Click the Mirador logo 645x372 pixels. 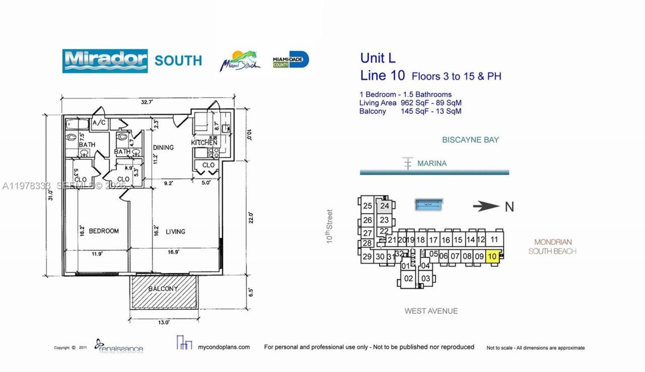tap(105, 61)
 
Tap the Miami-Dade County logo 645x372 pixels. tap(290, 60)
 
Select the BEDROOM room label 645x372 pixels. tap(104, 231)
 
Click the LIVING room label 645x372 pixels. tap(175, 231)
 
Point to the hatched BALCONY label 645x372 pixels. tap(163, 289)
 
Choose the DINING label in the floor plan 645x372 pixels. tap(163, 148)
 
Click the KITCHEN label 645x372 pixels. tap(204, 143)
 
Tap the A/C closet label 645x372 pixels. tap(99, 123)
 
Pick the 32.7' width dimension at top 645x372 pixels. tap(147, 101)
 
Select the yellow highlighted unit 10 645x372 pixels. tap(492, 256)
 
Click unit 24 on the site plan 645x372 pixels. tap(385, 206)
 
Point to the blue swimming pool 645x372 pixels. tap(429, 205)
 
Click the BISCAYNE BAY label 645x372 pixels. tap(470, 140)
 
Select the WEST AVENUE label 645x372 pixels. tap(431, 311)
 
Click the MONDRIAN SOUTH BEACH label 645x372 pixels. tap(552, 246)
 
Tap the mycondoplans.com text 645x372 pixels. tap(224, 347)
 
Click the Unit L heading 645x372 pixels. tap(378, 58)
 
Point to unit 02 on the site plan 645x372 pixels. tap(408, 278)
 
